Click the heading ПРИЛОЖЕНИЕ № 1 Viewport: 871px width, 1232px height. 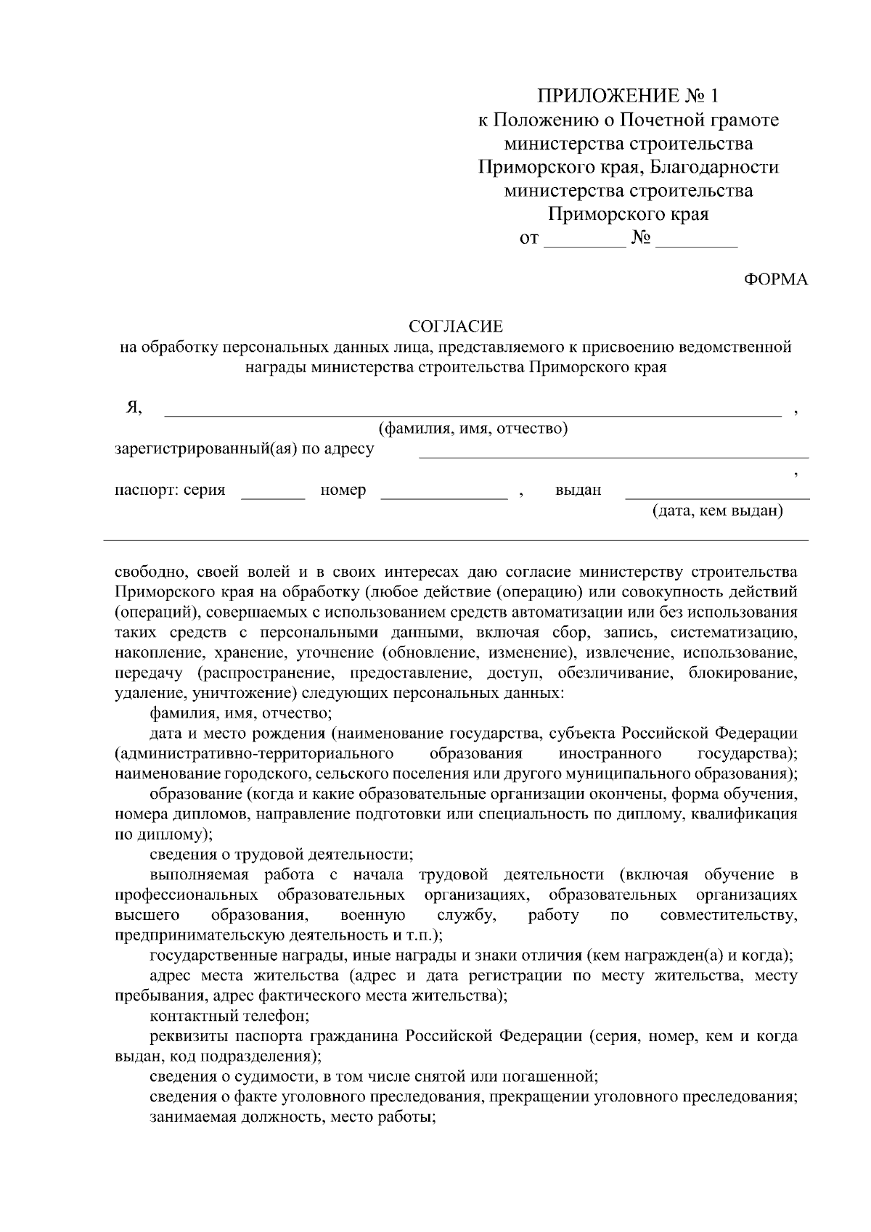click(629, 96)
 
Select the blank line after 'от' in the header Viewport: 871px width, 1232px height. click(584, 244)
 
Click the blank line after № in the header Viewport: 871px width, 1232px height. click(696, 244)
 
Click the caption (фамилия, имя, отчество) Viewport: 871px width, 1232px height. click(473, 429)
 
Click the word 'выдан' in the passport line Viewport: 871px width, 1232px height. click(578, 490)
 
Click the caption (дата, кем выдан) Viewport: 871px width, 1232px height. click(718, 512)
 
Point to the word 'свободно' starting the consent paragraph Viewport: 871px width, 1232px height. click(145, 570)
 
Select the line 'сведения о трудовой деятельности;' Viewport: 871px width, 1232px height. click(282, 854)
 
